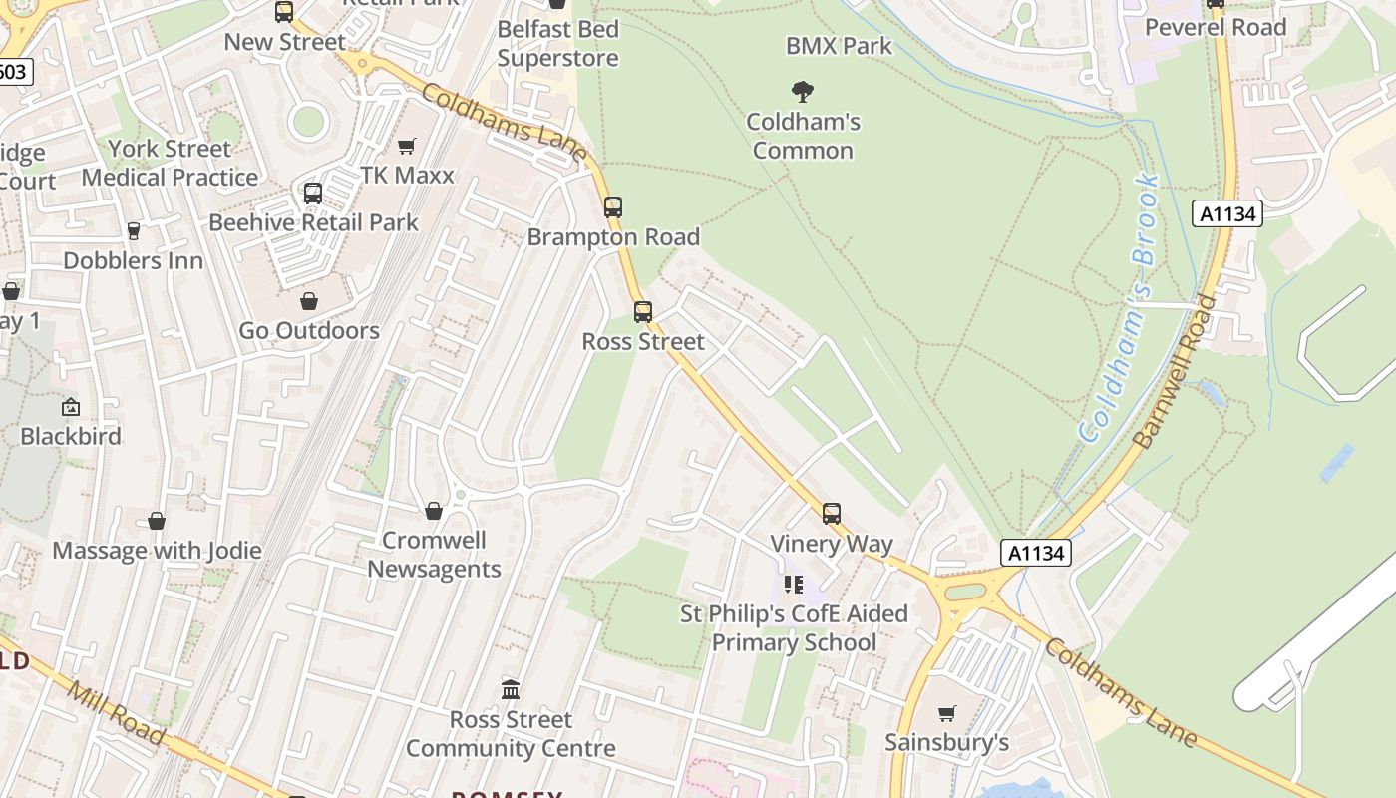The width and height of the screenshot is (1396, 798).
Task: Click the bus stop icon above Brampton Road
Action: (x=613, y=207)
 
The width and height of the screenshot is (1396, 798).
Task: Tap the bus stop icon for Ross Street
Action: (x=643, y=312)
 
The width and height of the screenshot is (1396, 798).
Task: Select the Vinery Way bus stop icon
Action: (x=832, y=514)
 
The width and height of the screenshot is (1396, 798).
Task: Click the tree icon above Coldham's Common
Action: (x=803, y=93)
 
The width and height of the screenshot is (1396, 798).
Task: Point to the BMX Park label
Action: (x=839, y=46)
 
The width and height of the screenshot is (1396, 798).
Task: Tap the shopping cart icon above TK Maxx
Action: (x=406, y=147)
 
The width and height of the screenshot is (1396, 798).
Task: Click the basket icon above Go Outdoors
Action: (x=309, y=301)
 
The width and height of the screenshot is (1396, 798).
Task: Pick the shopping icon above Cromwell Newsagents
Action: (x=434, y=511)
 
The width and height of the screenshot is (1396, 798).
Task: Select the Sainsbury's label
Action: (x=946, y=742)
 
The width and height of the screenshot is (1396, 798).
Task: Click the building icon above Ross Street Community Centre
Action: (x=511, y=689)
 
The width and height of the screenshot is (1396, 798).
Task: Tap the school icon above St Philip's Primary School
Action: (x=794, y=585)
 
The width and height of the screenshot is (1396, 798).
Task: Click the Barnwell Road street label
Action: (x=1177, y=371)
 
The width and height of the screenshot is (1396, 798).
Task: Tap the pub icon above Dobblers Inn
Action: (x=134, y=231)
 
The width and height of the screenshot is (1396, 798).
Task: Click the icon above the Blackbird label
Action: (x=71, y=407)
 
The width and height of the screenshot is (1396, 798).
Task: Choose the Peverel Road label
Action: (x=1216, y=27)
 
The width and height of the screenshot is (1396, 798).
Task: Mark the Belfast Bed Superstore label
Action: (x=557, y=43)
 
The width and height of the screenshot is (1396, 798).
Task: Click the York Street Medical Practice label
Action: (x=170, y=163)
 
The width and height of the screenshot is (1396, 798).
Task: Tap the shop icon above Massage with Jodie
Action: (x=157, y=521)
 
